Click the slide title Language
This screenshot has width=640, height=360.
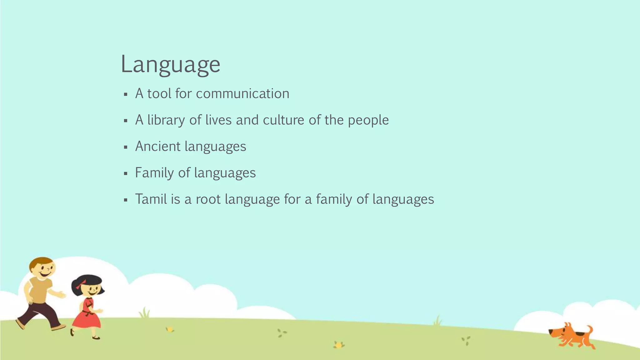tap(171, 64)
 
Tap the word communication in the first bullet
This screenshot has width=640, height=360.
tap(242, 94)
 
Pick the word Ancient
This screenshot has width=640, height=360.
tap(158, 146)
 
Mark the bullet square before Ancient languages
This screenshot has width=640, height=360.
tap(126, 147)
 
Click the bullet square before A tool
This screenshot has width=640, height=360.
tap(126, 94)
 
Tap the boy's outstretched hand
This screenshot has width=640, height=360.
tap(62, 294)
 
